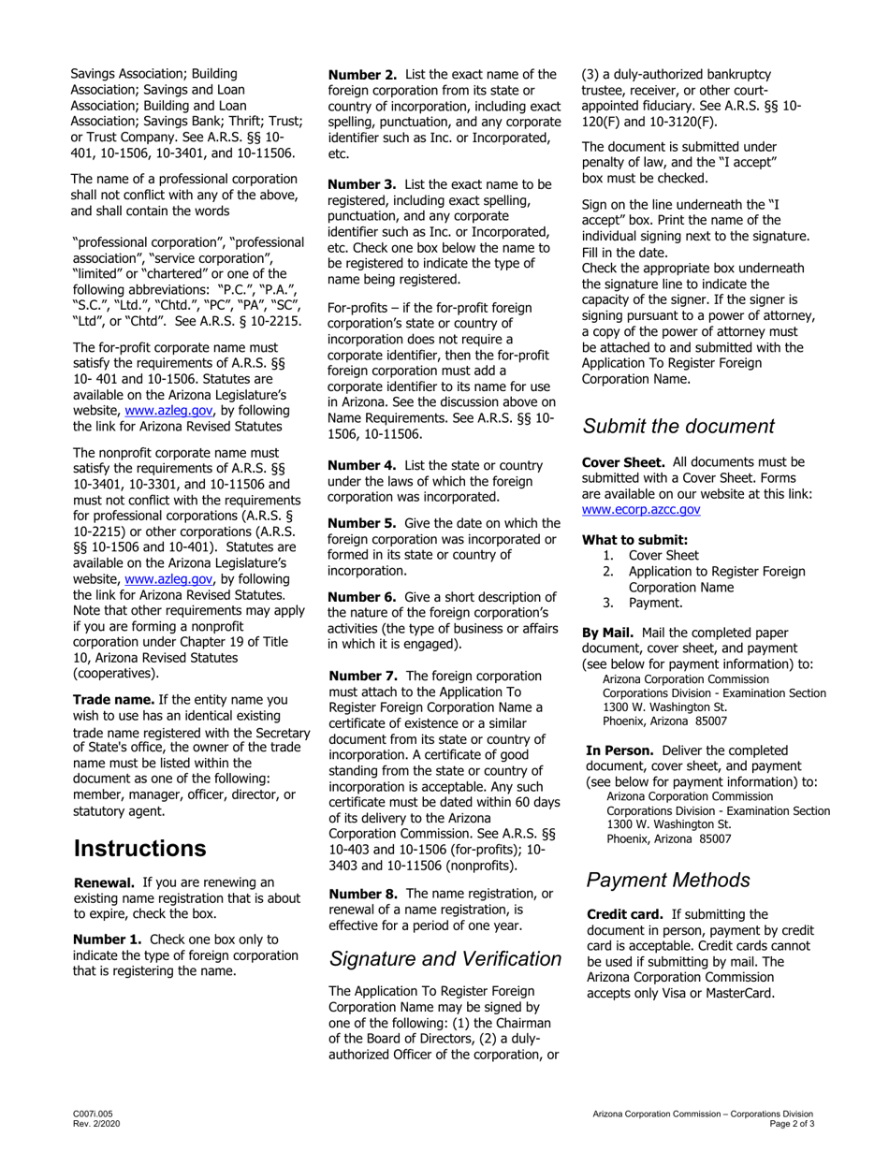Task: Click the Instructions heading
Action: click(x=139, y=849)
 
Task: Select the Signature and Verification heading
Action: click(x=445, y=958)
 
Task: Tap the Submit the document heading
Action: click(x=678, y=426)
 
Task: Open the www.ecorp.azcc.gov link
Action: click(x=641, y=510)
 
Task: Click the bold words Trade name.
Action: click(x=113, y=699)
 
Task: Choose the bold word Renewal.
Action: click(x=104, y=881)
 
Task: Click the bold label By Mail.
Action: click(x=607, y=632)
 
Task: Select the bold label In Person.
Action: click(x=619, y=750)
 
